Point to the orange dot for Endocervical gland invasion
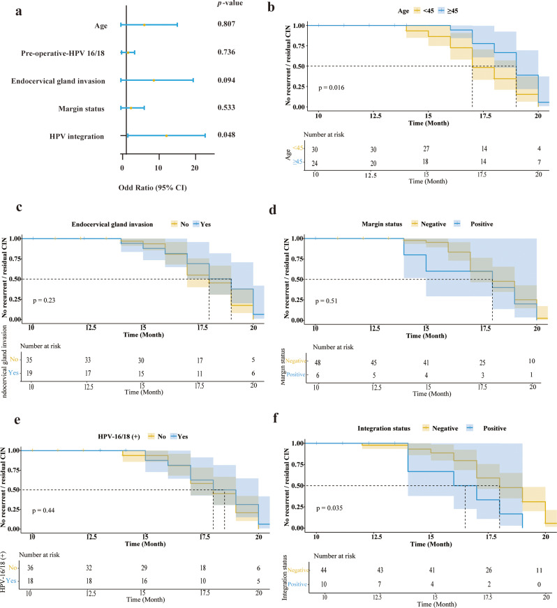click(x=154, y=81)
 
